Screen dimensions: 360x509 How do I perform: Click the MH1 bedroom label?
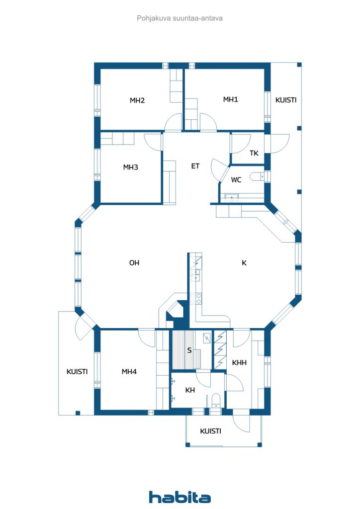[x=231, y=99]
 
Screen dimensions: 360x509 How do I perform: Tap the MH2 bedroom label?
[x=137, y=100]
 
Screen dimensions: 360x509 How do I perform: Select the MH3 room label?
[x=130, y=167]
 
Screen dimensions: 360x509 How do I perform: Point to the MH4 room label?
[x=129, y=371]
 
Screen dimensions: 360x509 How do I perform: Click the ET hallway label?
[x=195, y=166]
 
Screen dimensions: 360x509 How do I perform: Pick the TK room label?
[x=254, y=153]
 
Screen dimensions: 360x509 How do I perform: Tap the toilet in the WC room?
[x=257, y=176]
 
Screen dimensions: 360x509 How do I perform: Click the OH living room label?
[x=134, y=262]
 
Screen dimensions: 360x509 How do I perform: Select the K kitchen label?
[x=244, y=262]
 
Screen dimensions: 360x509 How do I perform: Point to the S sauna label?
[x=189, y=350]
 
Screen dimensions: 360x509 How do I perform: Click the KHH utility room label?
[x=239, y=362]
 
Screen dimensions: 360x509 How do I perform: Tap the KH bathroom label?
[x=190, y=390]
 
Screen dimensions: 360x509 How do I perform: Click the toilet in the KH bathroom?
[x=215, y=400]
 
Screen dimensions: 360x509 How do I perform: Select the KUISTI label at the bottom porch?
[x=210, y=431]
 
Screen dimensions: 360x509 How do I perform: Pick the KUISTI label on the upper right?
[x=285, y=100]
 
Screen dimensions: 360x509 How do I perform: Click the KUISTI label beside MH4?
[x=77, y=371]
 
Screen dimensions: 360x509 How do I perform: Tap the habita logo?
[x=180, y=497]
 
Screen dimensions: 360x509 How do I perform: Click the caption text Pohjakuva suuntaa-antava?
[x=180, y=18]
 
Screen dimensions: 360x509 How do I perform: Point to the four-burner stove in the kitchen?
[x=196, y=299]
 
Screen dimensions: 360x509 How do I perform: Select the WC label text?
[x=236, y=179]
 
